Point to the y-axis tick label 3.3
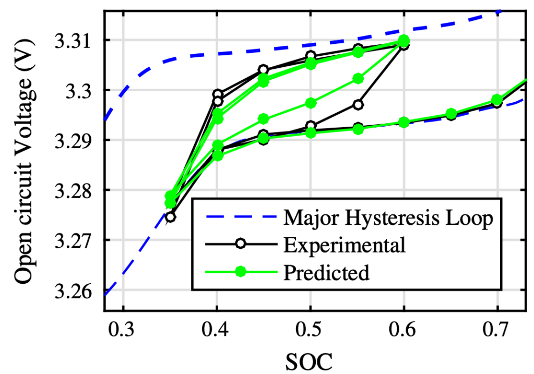[82, 90]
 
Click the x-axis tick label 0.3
[123, 330]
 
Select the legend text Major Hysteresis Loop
[388, 218]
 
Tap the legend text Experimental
[345, 245]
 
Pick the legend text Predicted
[327, 272]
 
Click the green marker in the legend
[241, 272]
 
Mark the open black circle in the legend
[241, 245]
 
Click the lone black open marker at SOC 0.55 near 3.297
[358, 105]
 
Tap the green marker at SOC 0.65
[451, 114]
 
